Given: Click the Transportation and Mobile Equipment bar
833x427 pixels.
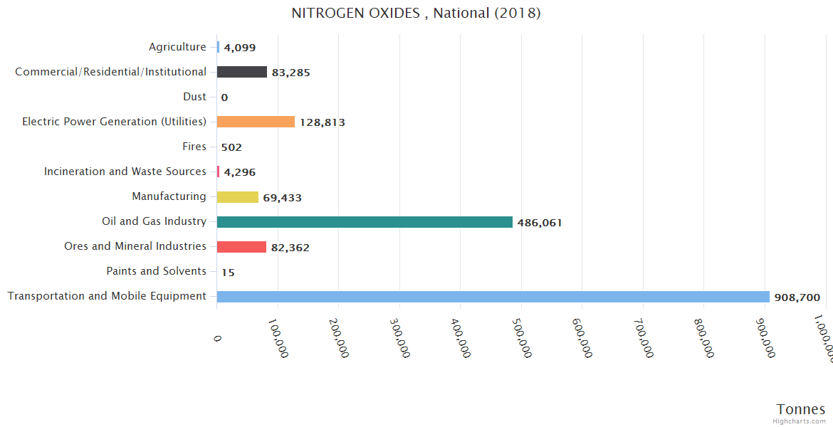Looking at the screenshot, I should (x=493, y=297).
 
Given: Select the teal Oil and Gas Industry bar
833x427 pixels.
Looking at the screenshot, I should (x=365, y=222).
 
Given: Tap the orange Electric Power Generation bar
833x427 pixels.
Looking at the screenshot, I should (x=256, y=122).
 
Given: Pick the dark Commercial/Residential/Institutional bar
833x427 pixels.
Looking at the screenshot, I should (x=242, y=72).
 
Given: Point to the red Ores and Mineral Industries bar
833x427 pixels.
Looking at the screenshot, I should (x=241, y=247).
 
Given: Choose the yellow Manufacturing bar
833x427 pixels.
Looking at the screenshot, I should (x=238, y=197).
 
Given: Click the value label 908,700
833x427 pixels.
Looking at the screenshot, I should (x=797, y=297).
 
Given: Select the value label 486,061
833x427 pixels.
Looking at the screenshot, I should (x=540, y=223).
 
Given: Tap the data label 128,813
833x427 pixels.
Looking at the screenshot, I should (x=322, y=122).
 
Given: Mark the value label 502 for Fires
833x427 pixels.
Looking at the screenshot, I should (x=231, y=147).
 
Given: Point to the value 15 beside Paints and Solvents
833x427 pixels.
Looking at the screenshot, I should (x=228, y=272).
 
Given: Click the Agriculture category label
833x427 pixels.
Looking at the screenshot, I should (x=177, y=47).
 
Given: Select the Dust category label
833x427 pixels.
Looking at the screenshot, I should (x=194, y=97).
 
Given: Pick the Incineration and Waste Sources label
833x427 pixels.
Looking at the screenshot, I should (x=125, y=172).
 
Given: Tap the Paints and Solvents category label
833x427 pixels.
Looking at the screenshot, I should (x=156, y=271).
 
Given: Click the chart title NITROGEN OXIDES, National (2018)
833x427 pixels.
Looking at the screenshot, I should (x=416, y=14).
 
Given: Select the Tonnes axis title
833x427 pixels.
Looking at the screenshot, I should (x=800, y=409).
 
